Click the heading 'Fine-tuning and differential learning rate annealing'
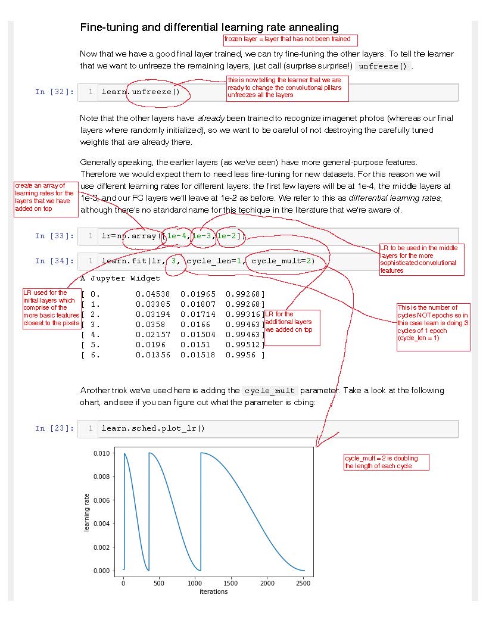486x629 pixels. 209,27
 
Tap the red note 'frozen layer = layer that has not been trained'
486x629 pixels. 291,40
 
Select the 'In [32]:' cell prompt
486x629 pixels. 55,92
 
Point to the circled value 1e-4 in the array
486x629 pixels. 177,236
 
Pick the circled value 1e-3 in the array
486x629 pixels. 202,236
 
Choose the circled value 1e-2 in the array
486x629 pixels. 228,236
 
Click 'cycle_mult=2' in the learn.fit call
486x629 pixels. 282,261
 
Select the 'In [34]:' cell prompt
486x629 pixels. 55,261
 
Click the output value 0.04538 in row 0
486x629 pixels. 153,294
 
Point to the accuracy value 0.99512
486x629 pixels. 244,344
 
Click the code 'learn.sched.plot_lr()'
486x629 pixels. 153,428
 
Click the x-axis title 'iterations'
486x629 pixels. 213,591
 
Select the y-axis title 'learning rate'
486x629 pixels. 86,512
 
